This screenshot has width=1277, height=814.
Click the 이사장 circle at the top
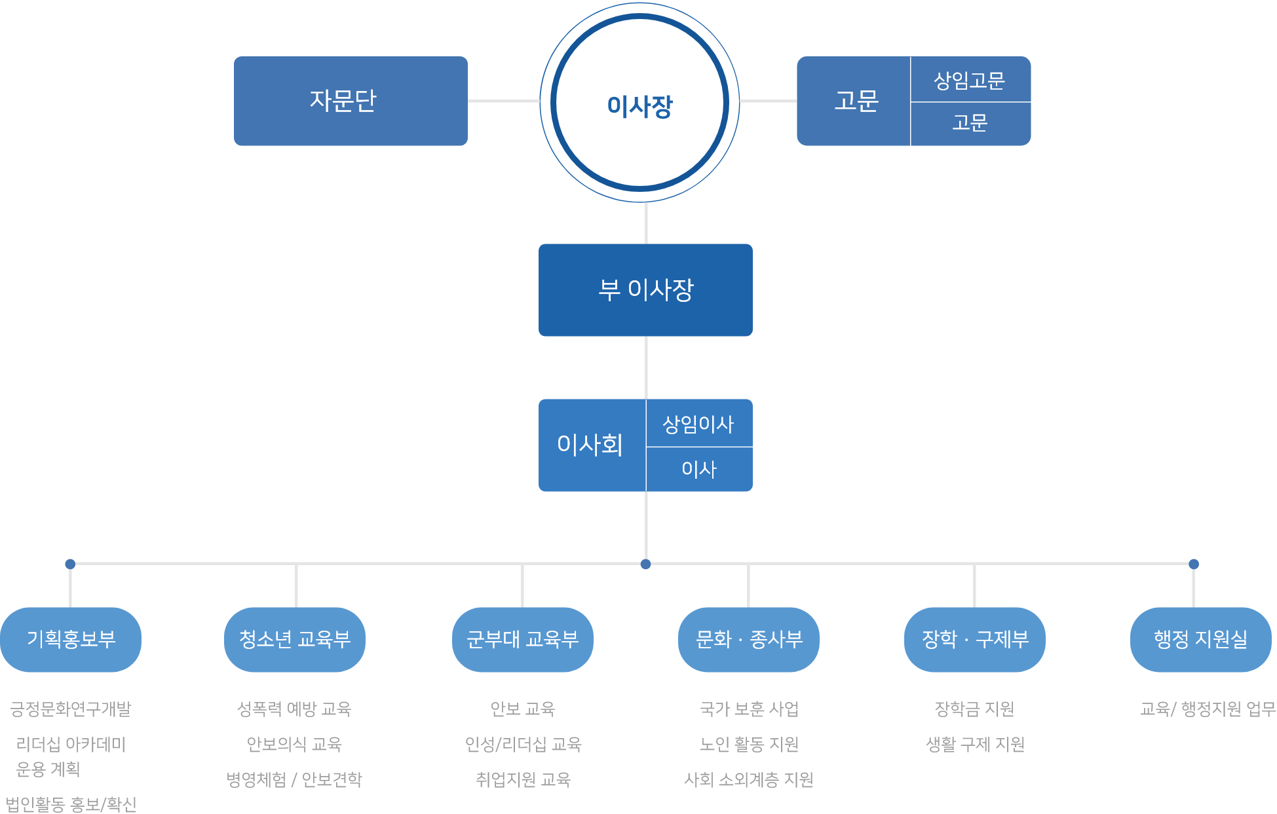pos(639,103)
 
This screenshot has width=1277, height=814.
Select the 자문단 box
pos(351,101)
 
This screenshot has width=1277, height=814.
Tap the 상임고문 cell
pos(970,80)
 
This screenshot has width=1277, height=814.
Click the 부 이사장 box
pos(645,289)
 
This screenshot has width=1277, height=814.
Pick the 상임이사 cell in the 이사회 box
pos(698,424)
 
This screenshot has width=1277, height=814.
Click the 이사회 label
pos(590,445)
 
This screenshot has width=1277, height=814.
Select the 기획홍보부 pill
pos(71,639)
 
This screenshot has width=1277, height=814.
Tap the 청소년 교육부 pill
pos(295,639)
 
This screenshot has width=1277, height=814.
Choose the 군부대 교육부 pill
pos(522,639)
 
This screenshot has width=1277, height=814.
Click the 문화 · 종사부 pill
pos(748,639)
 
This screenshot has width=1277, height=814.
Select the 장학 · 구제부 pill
pos(974,639)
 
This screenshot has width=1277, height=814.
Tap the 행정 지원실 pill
pos(1200,639)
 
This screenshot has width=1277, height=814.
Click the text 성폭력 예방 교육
pos(294,709)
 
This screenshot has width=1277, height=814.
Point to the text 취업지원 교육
pos(523,779)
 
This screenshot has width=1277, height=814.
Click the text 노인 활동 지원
pos(749,744)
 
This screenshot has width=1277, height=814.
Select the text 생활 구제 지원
pos(974,744)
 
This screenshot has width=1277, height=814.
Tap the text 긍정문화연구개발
pos(71,709)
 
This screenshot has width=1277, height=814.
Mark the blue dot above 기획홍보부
pos(70,564)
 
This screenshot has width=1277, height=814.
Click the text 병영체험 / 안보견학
pos(294,779)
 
